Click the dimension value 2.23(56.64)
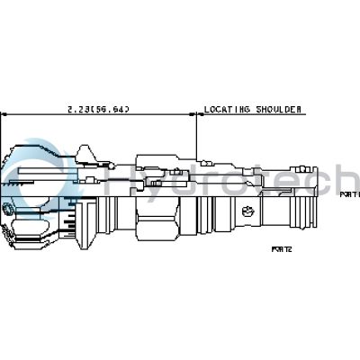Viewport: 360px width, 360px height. [98, 109]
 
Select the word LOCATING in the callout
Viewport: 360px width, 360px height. [227, 109]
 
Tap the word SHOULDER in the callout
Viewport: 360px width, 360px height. [276, 109]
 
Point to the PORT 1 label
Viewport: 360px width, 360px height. [348, 193]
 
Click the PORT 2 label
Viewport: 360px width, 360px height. [283, 249]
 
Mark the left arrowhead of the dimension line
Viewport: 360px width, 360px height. [4, 115]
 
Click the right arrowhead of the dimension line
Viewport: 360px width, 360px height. [193, 115]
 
